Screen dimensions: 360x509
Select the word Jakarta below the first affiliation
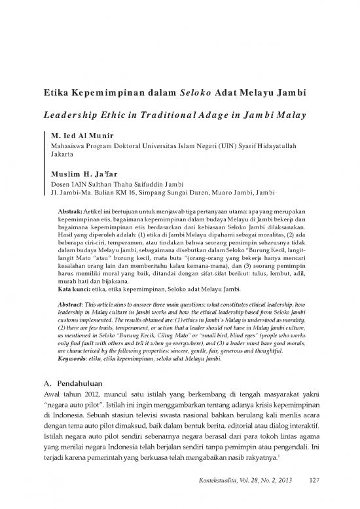(63, 157)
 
